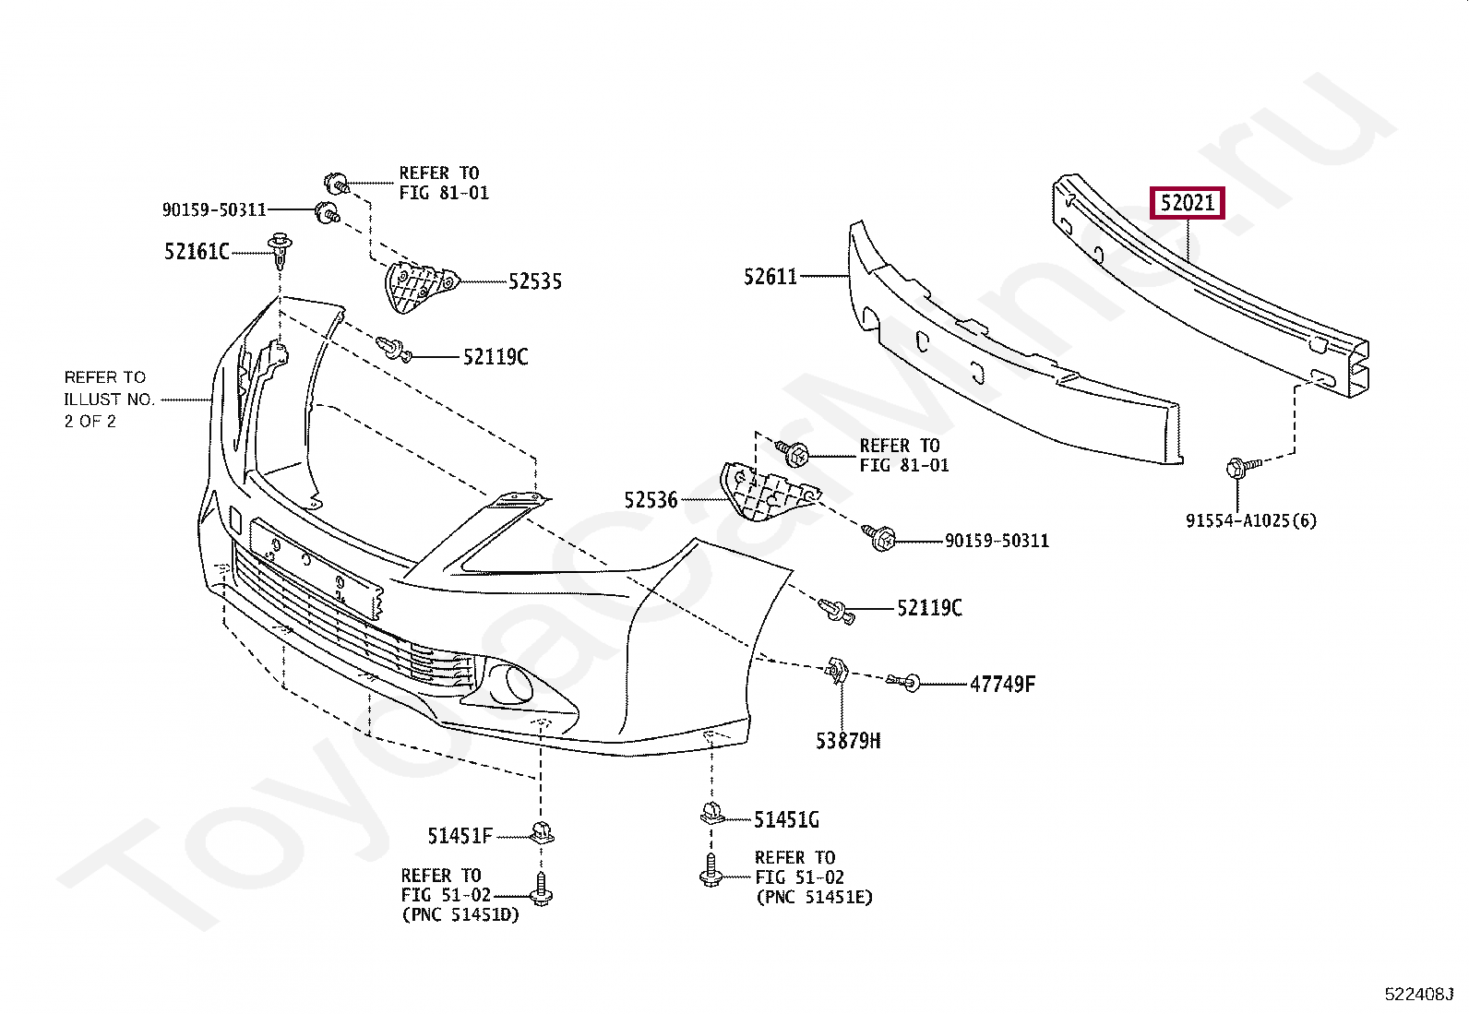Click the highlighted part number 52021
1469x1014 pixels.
pyautogui.click(x=1187, y=202)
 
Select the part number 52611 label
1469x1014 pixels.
pyautogui.click(x=770, y=276)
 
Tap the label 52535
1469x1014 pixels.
pyautogui.click(x=534, y=282)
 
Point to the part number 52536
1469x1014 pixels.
pyautogui.click(x=651, y=500)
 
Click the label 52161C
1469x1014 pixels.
pyautogui.click(x=197, y=251)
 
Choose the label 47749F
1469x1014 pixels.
pyautogui.click(x=1002, y=685)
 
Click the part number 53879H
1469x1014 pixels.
pyautogui.click(x=847, y=740)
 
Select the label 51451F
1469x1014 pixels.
pyautogui.click(x=460, y=836)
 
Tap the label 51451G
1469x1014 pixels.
pyautogui.click(x=786, y=819)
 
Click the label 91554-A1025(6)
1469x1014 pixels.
pyautogui.click(x=1251, y=520)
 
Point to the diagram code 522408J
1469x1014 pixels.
pyautogui.click(x=1418, y=994)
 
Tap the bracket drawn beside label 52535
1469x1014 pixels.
pyautogui.click(x=414, y=286)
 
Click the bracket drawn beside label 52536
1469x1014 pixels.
pyautogui.click(x=758, y=494)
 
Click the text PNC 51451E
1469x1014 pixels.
pyautogui.click(x=813, y=897)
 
